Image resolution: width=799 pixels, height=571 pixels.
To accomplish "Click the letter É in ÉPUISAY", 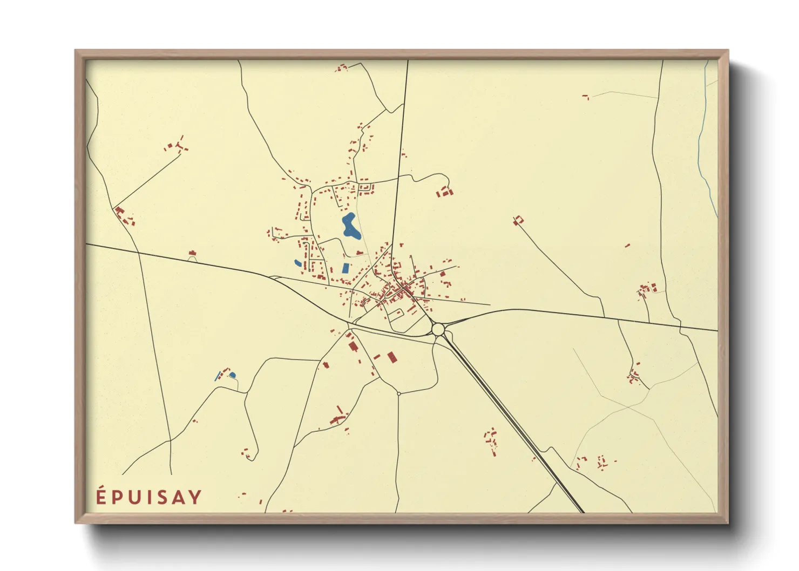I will click(x=101, y=497).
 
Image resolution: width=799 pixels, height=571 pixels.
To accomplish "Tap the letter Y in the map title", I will click(x=195, y=497).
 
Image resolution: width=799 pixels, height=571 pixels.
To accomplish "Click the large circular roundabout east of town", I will click(x=438, y=329).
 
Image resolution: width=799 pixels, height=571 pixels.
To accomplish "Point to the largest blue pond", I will click(x=350, y=226).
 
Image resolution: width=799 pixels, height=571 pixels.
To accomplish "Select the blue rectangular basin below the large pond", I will click(x=346, y=268).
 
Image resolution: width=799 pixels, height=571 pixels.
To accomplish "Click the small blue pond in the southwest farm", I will click(x=233, y=375).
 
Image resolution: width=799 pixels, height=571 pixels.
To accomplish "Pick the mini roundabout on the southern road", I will click(x=398, y=393).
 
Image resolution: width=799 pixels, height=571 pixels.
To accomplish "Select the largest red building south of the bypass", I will click(x=391, y=357).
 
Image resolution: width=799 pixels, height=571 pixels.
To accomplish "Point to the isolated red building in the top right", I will click(x=585, y=97).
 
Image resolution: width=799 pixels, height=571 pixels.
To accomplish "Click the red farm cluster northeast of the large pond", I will click(x=445, y=191).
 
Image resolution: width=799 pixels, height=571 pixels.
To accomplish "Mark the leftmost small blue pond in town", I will click(x=297, y=263).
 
